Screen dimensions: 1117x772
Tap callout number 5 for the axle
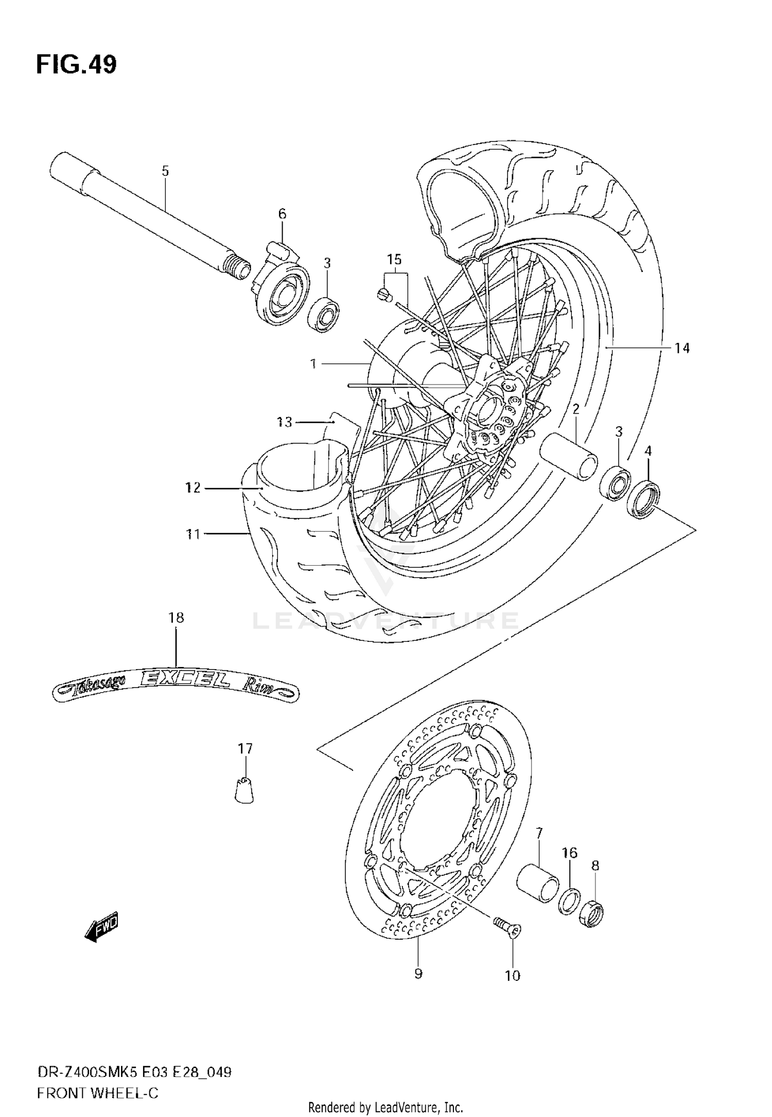pos(165,171)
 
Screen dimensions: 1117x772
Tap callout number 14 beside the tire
pos(682,348)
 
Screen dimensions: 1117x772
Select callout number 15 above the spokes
pos(394,259)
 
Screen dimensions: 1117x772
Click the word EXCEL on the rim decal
pos(186,681)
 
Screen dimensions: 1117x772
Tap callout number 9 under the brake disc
pos(418,973)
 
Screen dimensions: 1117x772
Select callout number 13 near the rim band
pos(284,422)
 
